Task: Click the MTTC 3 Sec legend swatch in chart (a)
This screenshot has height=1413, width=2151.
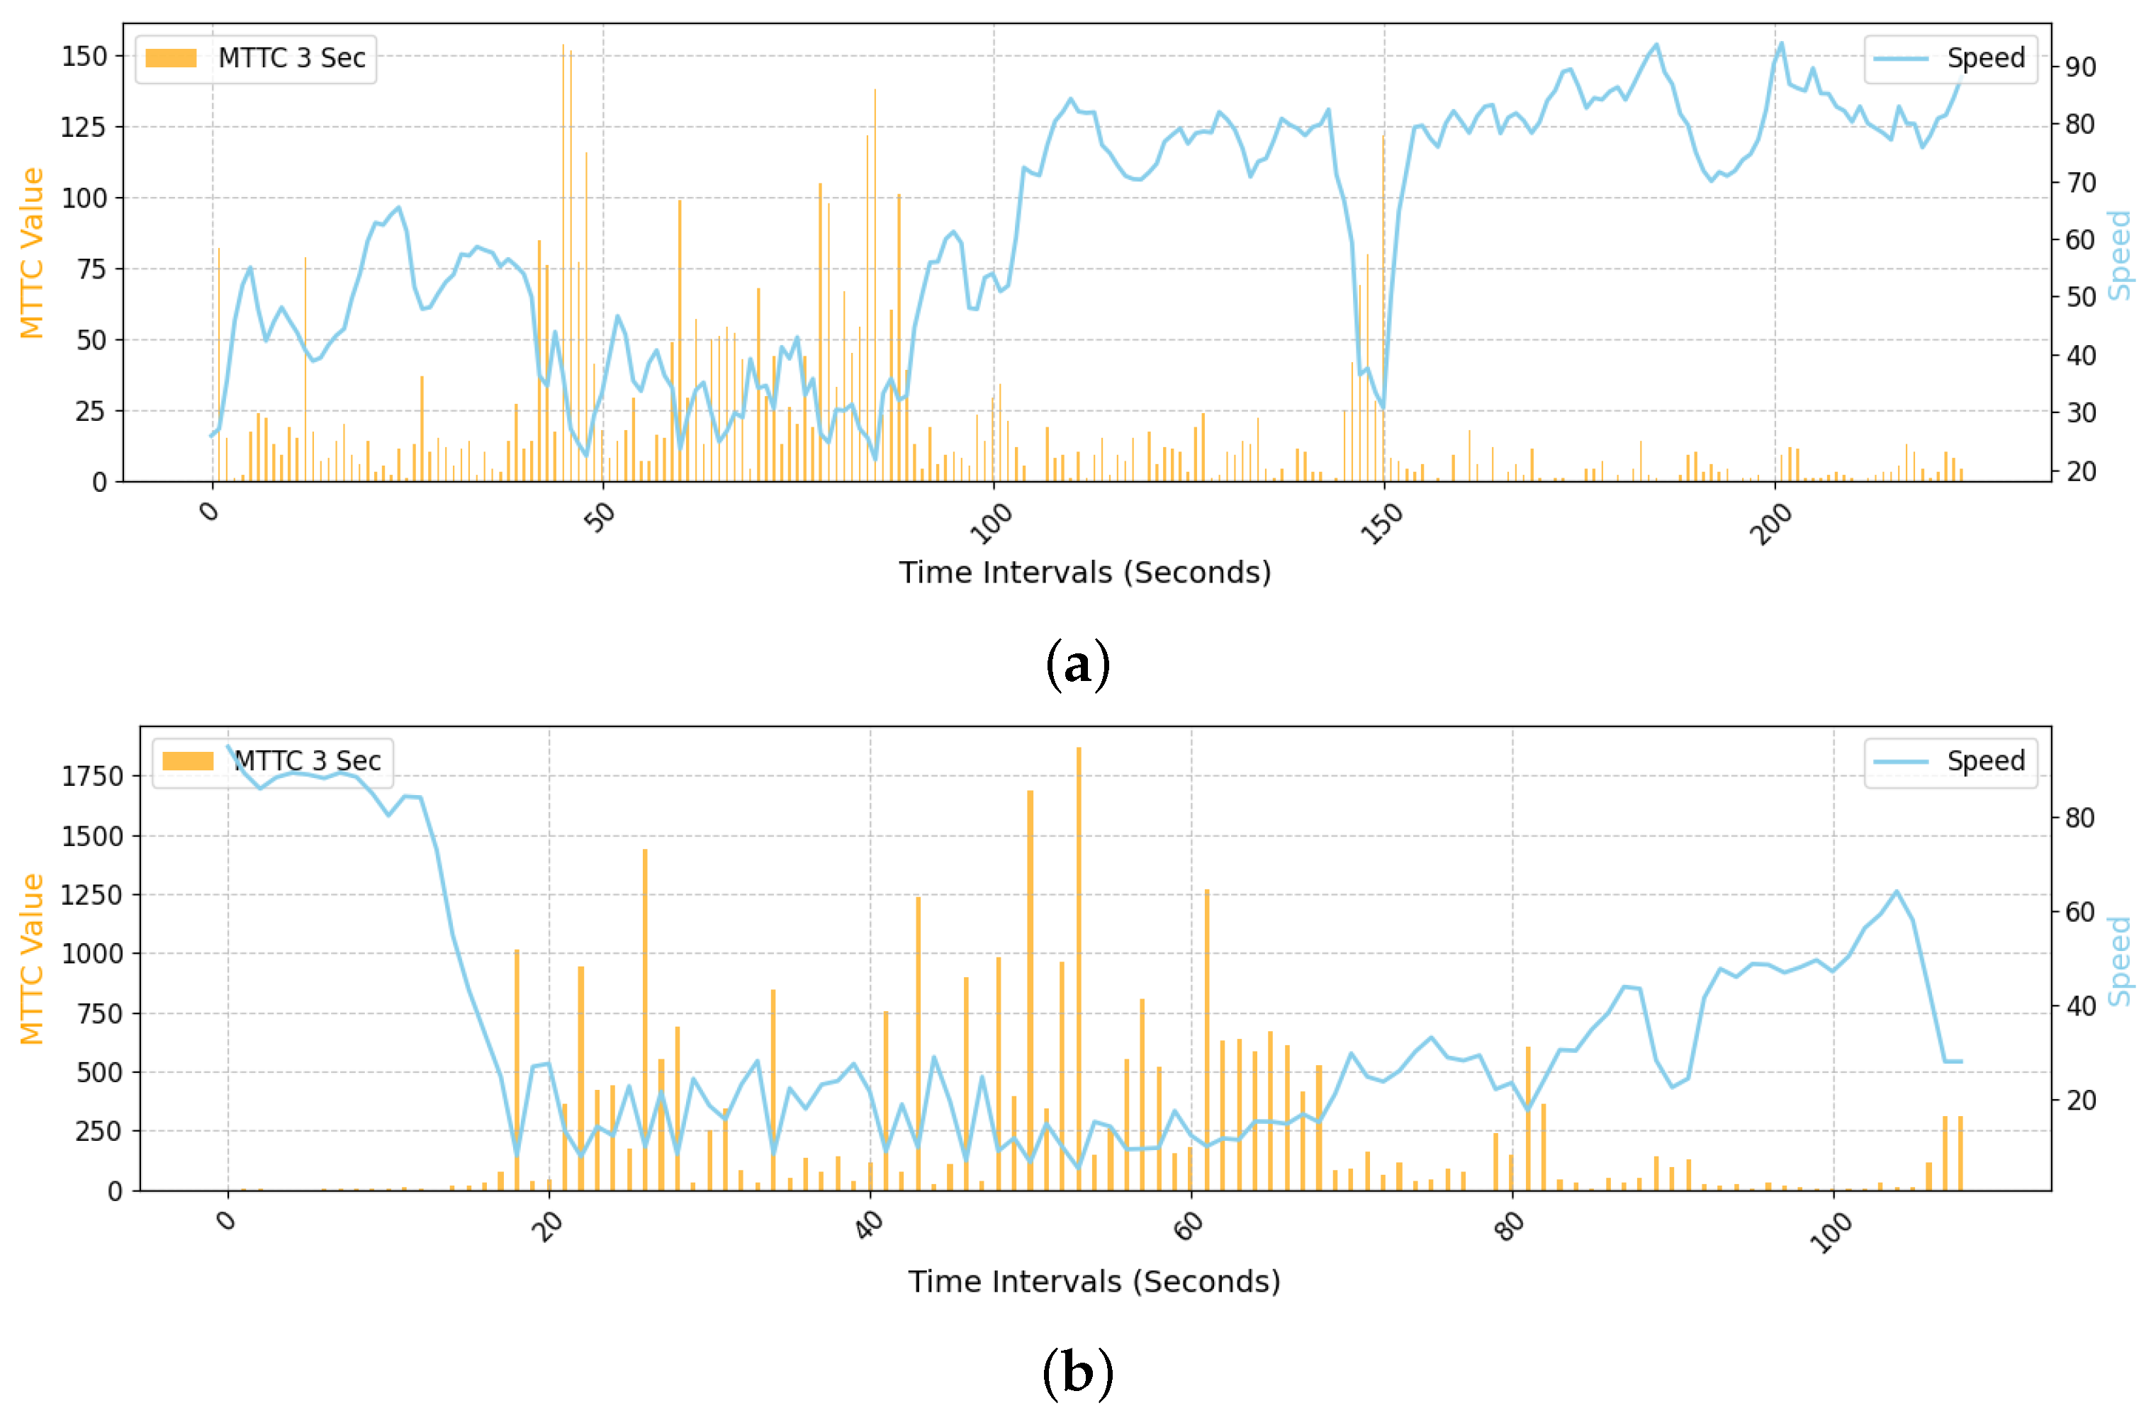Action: (171, 59)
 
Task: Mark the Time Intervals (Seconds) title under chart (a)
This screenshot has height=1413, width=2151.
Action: (1084, 573)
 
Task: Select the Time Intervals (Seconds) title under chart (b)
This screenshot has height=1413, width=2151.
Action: (1094, 1281)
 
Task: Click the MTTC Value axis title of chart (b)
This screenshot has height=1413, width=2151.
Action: (32, 959)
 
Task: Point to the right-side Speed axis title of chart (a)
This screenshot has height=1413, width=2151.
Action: (2119, 255)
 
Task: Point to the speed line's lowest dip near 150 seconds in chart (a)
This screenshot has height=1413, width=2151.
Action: (1383, 407)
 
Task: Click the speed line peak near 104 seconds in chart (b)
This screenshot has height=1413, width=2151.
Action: (1897, 891)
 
